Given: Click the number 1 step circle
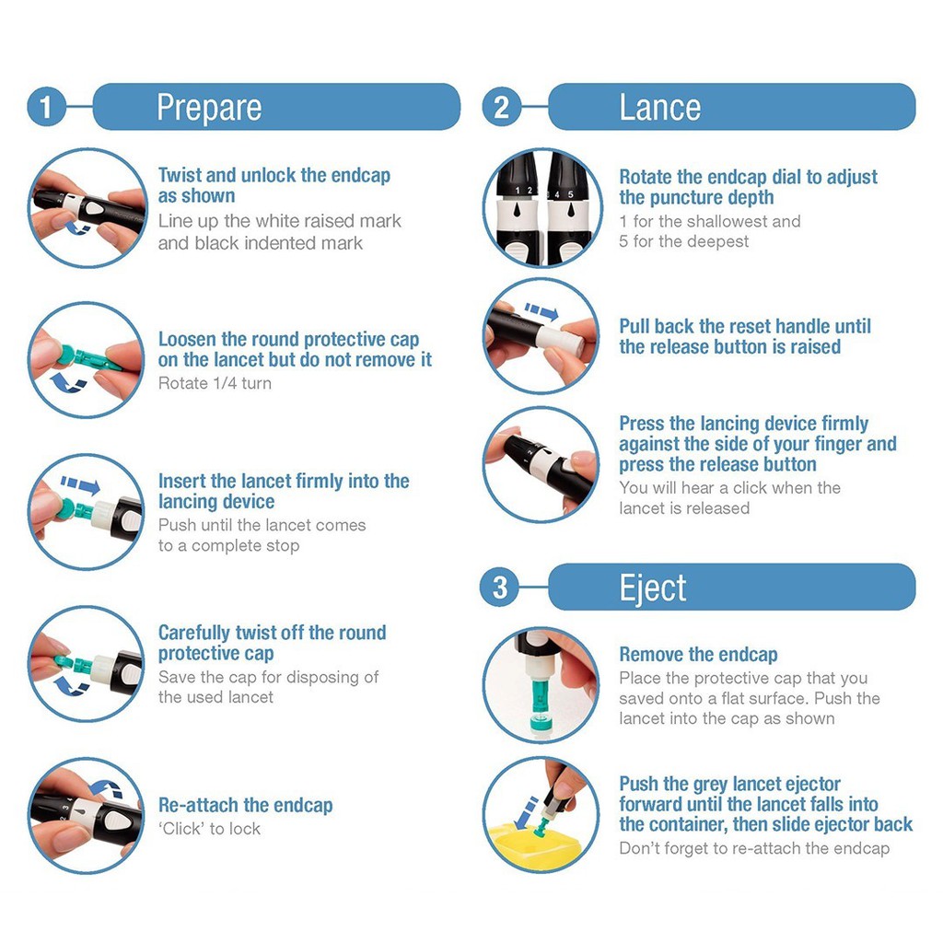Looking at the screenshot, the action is [x=46, y=107].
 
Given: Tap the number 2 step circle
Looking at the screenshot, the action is [x=501, y=107].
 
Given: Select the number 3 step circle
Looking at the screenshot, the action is [x=500, y=587].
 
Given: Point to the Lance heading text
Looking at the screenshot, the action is [x=659, y=108].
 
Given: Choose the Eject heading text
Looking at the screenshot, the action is [x=653, y=588].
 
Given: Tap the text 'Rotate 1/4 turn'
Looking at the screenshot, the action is [x=215, y=383].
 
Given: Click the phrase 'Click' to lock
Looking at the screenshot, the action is [x=209, y=829].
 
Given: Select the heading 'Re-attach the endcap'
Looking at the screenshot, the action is [x=245, y=805].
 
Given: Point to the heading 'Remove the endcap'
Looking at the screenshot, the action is [x=698, y=654].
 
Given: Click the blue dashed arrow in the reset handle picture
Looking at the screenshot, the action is [x=541, y=311].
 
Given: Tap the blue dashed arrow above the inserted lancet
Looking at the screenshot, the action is [x=80, y=484].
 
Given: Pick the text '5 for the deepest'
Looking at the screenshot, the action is [x=684, y=242].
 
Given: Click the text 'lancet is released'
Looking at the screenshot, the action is [x=684, y=508].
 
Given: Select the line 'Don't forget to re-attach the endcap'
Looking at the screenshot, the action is [x=754, y=848].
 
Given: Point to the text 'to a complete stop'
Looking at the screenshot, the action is [x=228, y=545].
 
